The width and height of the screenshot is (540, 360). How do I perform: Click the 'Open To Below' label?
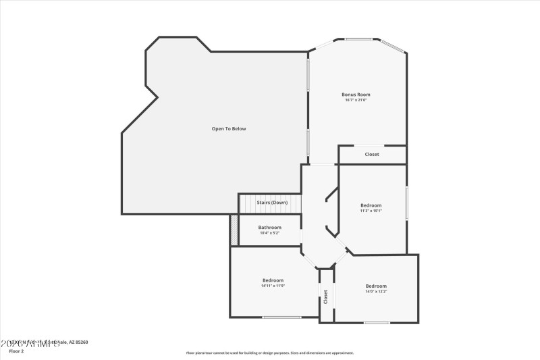tap(229, 128)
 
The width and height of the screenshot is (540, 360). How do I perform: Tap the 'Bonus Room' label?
tap(356, 95)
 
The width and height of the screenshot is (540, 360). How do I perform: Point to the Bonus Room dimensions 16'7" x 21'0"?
tap(356, 101)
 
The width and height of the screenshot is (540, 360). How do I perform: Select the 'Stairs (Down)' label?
tap(272, 203)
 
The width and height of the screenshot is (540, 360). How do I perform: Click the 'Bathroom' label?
tap(269, 227)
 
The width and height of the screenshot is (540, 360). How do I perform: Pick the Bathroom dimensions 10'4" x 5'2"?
tap(269, 233)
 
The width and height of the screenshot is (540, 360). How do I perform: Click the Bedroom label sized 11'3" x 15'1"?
tap(371, 205)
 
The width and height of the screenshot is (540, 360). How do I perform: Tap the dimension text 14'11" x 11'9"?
tap(273, 286)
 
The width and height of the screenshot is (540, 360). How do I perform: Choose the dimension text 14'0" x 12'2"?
tap(376, 292)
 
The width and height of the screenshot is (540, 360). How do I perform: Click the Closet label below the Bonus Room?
tap(372, 154)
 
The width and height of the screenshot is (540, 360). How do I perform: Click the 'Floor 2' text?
tap(16, 351)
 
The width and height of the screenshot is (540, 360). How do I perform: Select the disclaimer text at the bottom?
tap(270, 353)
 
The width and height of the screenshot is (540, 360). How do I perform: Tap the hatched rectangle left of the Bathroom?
tap(234, 230)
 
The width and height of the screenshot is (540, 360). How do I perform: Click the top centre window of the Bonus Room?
tap(358, 38)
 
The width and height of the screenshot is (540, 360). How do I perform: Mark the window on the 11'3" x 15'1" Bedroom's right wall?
tap(406, 203)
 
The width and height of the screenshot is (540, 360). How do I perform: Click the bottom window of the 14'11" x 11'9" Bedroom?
tap(281, 317)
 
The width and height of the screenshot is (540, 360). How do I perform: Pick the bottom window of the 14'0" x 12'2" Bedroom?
tap(377, 322)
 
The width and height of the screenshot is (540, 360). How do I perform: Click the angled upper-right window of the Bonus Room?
tap(392, 46)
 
